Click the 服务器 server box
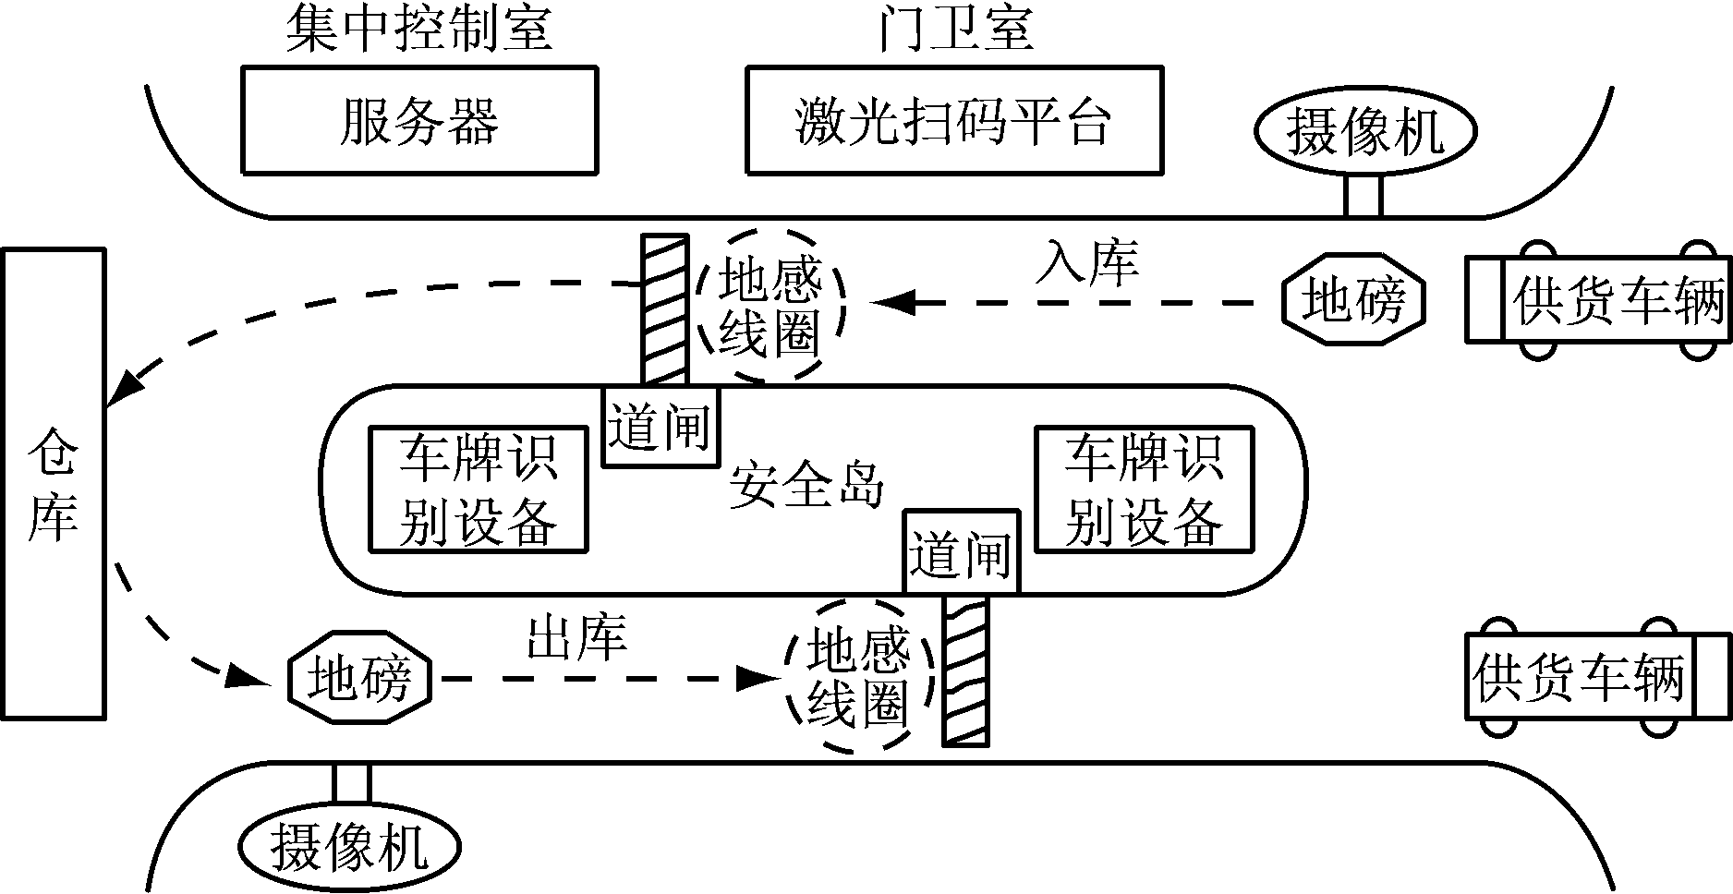418,120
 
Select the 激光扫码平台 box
953,120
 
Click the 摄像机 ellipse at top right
1364,131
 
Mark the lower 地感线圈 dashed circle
858,677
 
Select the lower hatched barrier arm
965,670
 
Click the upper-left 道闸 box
660,427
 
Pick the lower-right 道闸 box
961,551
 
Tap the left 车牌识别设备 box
478,489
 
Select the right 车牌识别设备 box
1144,489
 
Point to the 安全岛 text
806,484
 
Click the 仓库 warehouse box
53,483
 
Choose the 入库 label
1086,261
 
